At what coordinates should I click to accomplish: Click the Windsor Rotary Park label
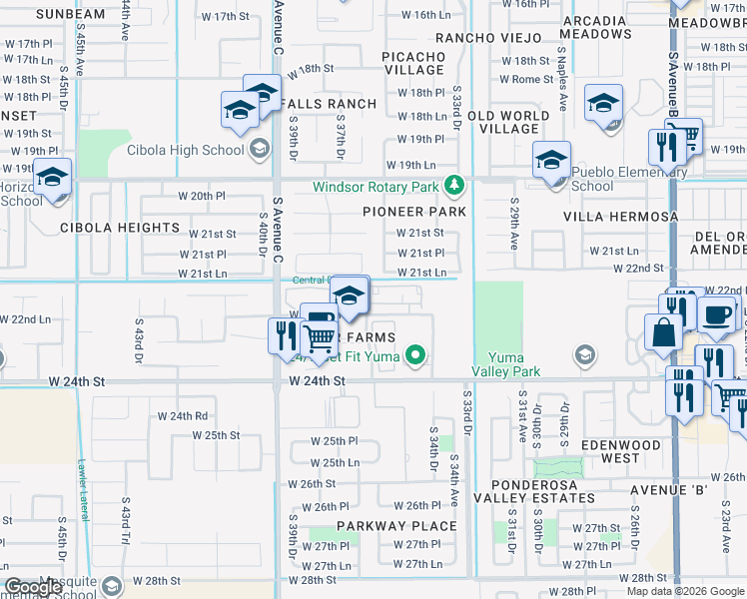pos(376,187)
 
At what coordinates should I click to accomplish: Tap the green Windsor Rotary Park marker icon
pos(454,186)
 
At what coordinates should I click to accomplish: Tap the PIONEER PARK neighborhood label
pos(414,212)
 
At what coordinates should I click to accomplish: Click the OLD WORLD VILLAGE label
pos(509,122)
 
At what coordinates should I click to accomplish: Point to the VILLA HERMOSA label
pos(620,216)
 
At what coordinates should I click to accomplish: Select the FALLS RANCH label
pos(314,104)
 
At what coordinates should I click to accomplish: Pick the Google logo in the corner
pos(34,588)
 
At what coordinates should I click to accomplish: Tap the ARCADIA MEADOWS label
pos(596,26)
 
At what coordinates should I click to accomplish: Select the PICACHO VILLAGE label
pos(412,63)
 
